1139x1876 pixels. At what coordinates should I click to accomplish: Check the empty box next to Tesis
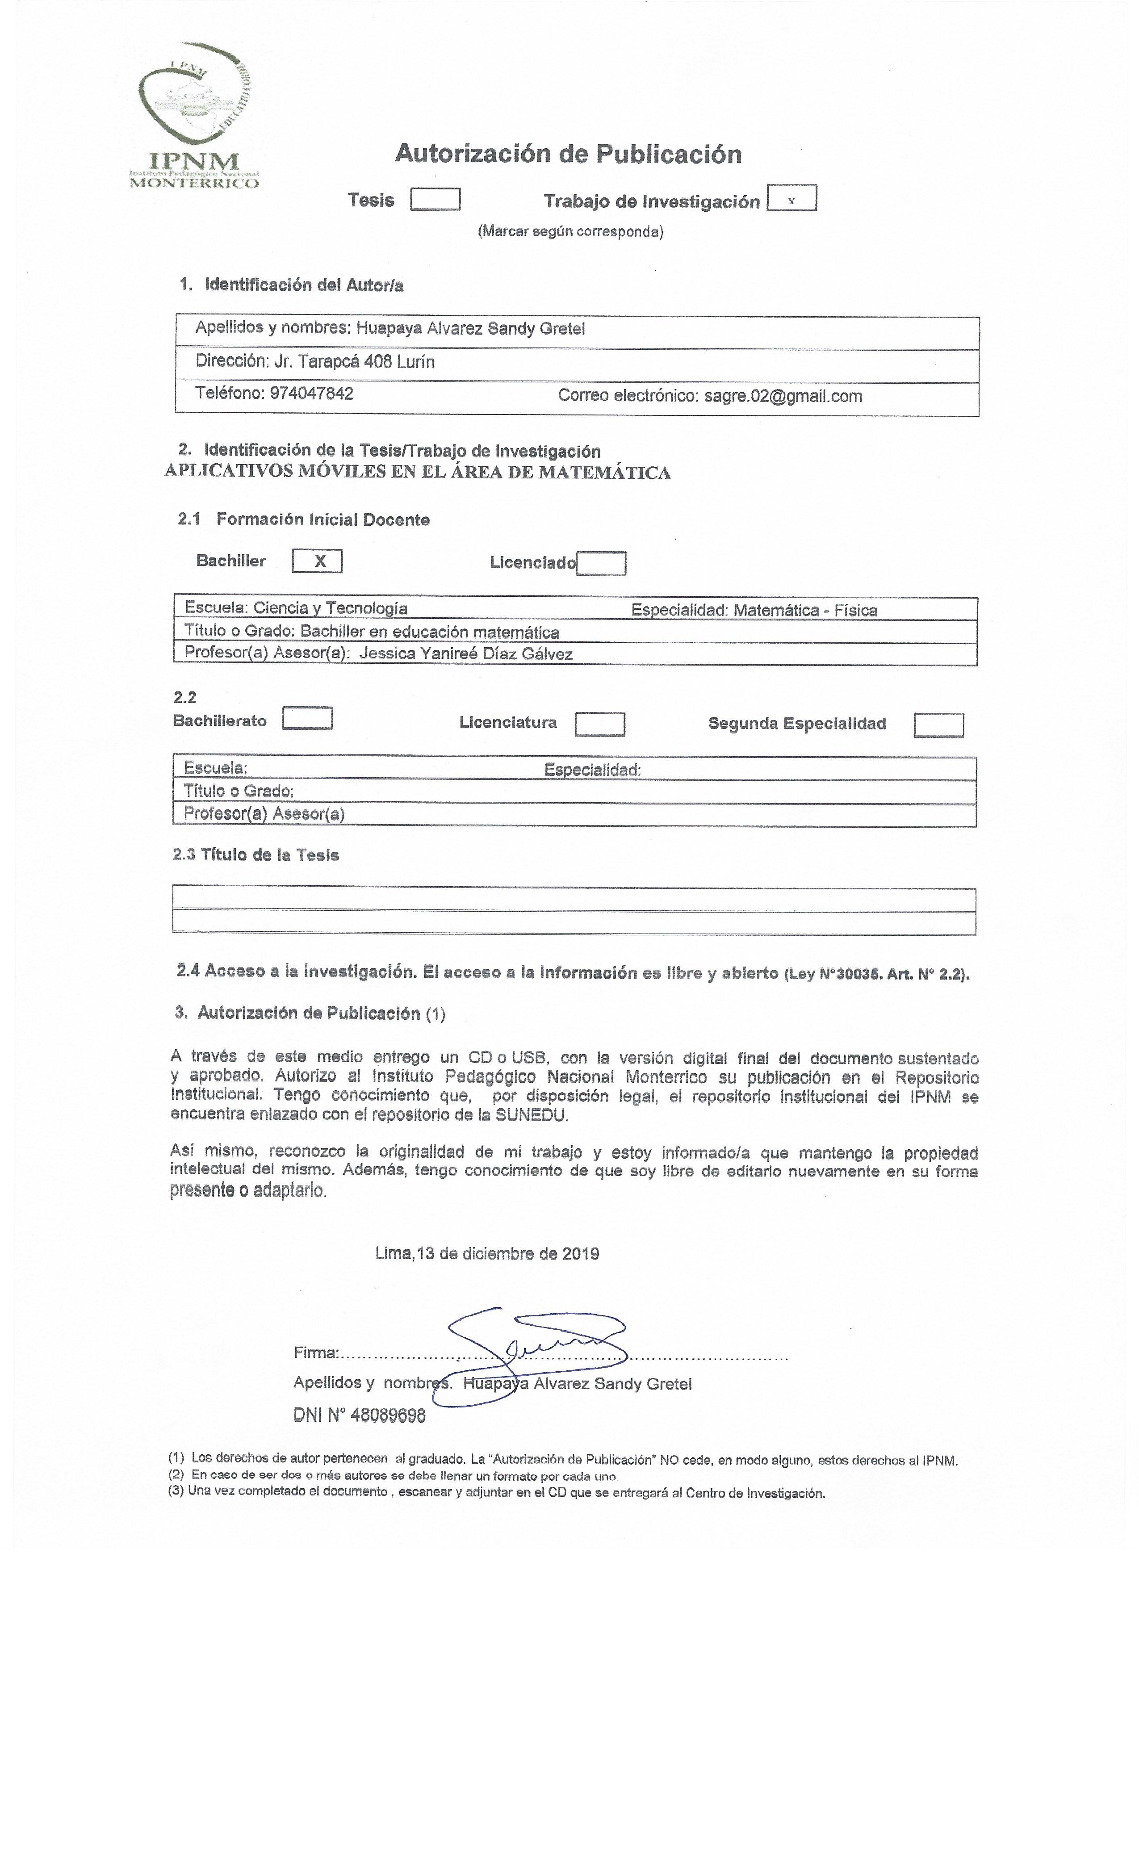click(435, 200)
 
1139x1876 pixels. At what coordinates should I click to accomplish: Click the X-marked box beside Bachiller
click(318, 561)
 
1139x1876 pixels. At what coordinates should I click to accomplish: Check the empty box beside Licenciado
click(602, 564)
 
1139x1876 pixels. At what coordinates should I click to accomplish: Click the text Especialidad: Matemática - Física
click(754, 611)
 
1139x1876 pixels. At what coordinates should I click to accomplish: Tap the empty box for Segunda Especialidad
click(939, 725)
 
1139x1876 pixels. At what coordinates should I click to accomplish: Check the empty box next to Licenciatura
click(600, 724)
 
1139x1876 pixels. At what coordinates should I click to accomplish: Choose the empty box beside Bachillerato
click(307, 719)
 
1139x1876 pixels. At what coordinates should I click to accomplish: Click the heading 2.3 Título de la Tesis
click(256, 855)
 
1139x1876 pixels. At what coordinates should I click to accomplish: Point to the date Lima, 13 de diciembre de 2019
click(487, 1254)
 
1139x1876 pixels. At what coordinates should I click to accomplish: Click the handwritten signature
click(533, 1350)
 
